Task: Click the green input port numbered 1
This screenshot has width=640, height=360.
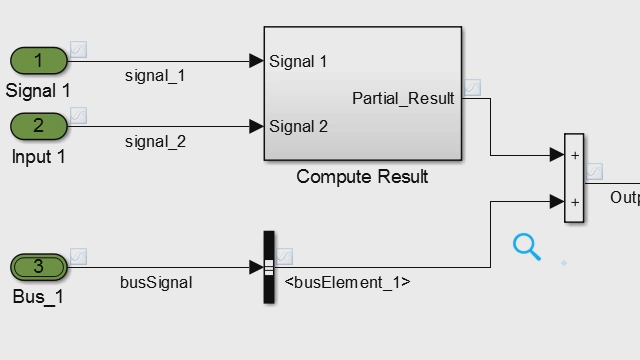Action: point(39,61)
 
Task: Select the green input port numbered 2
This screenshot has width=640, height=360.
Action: point(39,126)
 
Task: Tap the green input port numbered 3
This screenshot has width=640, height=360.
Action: point(39,267)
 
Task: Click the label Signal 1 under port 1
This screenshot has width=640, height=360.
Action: point(38,91)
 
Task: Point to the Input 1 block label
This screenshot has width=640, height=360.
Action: point(38,156)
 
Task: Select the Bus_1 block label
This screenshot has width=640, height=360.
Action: point(38,297)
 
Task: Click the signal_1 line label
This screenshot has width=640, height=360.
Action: point(155,75)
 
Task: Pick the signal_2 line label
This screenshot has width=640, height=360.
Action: point(155,141)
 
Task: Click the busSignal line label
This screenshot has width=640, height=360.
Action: point(156,282)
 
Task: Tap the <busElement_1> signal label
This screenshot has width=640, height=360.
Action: point(347,282)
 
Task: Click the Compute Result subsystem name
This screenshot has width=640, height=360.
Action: point(362,177)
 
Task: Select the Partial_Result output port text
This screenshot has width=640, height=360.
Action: point(403,98)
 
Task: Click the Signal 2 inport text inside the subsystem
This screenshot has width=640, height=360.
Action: point(298,126)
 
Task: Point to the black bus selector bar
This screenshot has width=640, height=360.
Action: point(268,267)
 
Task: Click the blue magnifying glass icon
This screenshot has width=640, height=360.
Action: point(526,246)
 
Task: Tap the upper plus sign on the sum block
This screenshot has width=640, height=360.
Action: point(575,155)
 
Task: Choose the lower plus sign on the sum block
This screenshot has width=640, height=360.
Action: point(575,201)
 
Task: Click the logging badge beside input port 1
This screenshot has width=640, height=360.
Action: point(78,49)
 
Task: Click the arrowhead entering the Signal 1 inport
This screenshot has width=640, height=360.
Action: point(256,61)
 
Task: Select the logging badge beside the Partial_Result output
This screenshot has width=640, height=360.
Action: point(472,86)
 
